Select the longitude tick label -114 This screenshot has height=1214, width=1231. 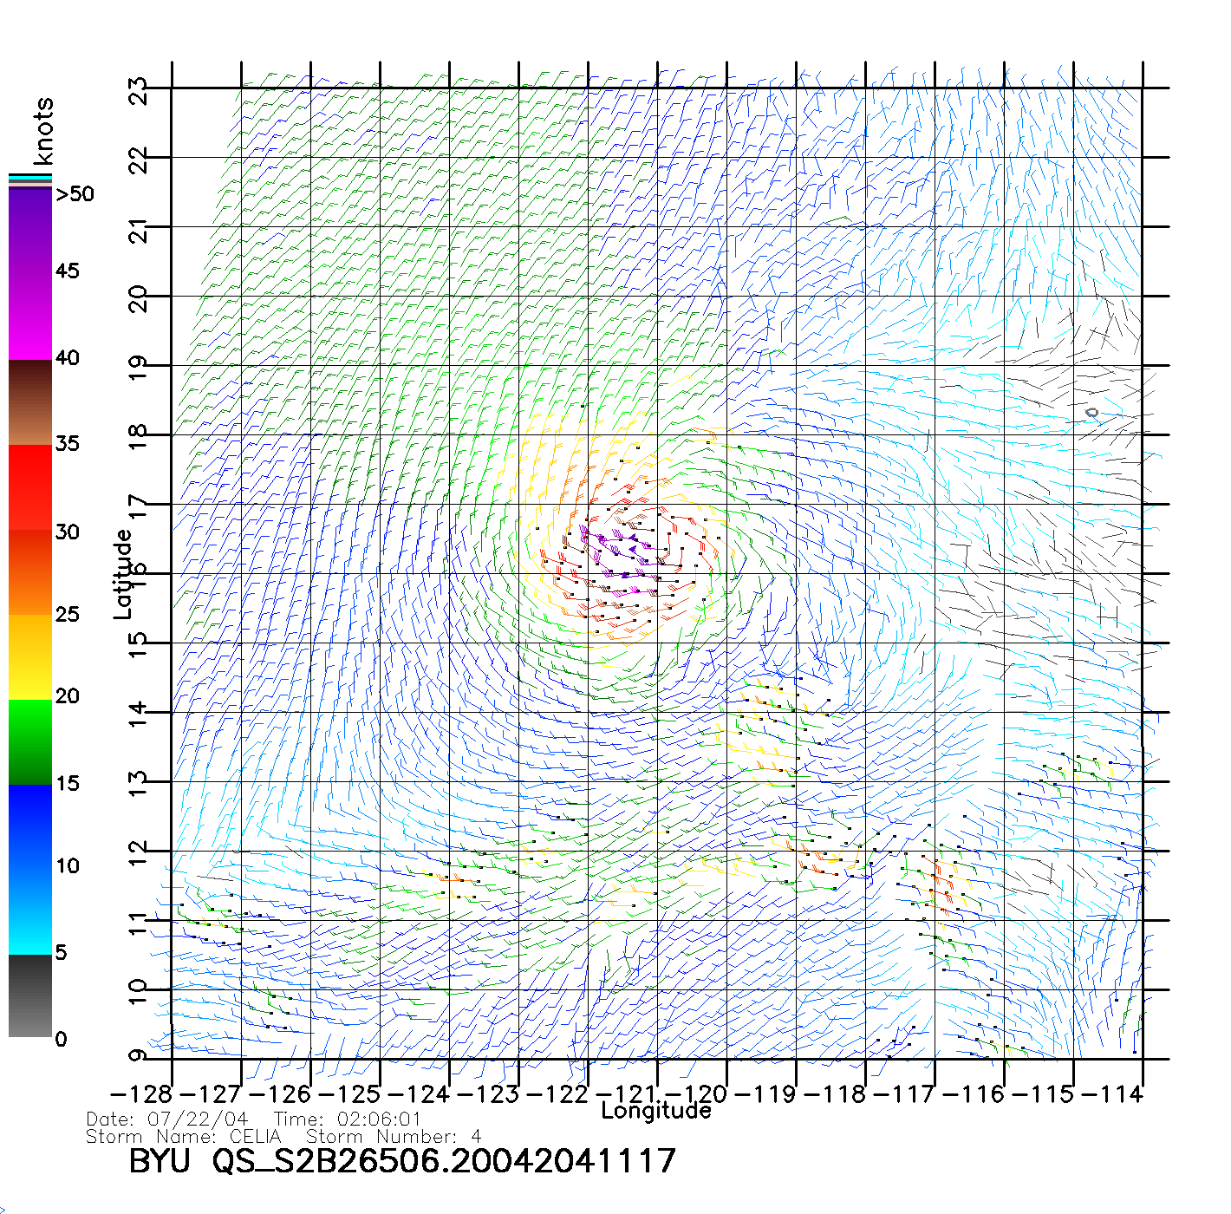[1113, 1093]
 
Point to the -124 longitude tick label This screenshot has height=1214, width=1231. [420, 1093]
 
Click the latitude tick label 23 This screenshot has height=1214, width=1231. [139, 90]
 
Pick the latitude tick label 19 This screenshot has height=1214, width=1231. [139, 368]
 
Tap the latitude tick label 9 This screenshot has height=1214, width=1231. [139, 1056]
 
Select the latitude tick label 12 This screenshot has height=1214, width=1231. [139, 853]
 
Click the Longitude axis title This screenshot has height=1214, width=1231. [656, 1111]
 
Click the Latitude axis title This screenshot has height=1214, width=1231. [123, 574]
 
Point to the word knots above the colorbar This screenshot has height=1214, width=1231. [43, 131]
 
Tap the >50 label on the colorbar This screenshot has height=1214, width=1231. [75, 194]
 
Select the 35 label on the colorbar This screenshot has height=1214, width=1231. [67, 444]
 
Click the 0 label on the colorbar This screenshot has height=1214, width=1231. [61, 1039]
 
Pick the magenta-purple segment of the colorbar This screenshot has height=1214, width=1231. [30, 273]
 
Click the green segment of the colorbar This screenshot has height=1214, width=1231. [30, 741]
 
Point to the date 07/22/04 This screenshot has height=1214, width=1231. [198, 1119]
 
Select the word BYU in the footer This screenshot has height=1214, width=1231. [160, 1160]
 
